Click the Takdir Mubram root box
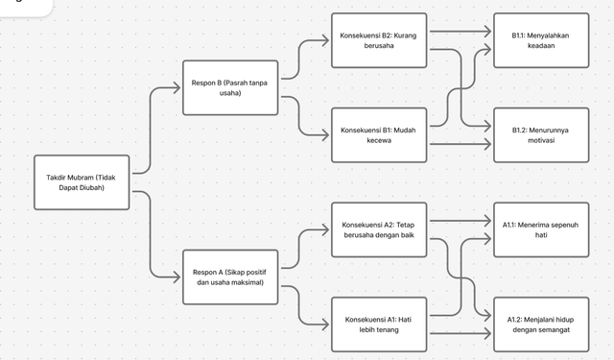82,181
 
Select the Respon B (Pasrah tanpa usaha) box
229,88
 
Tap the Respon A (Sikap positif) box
229,276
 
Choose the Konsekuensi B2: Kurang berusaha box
379,40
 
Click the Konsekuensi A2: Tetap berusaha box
379,229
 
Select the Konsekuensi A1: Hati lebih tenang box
379,324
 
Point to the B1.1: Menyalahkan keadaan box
541,40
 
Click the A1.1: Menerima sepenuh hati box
541,229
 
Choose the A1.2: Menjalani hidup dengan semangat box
541,324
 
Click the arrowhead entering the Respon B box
177,88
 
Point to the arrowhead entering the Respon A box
177,276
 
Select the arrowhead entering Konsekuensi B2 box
326,41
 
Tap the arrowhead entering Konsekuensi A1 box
326,324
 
